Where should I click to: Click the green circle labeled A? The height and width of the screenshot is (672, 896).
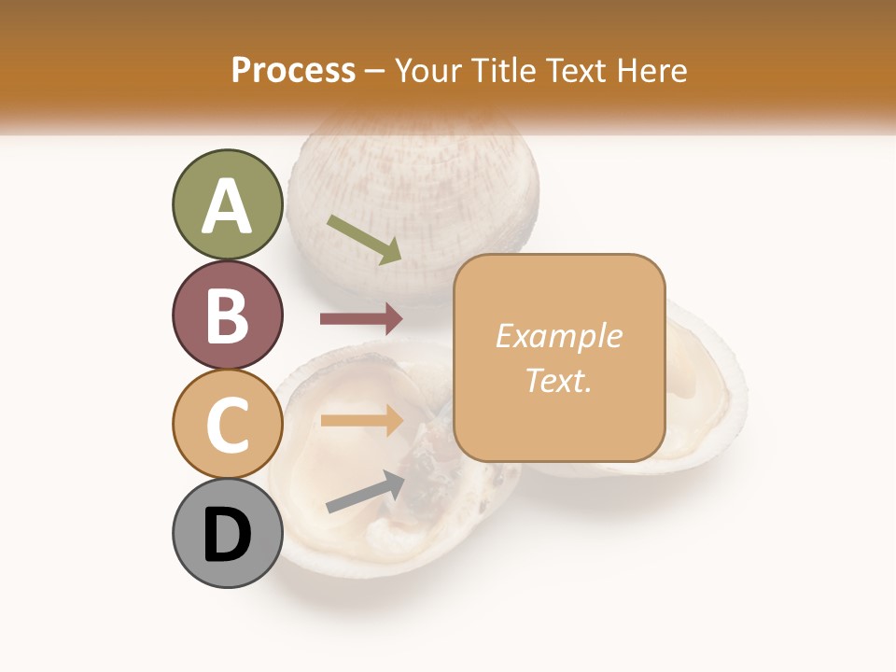(227, 204)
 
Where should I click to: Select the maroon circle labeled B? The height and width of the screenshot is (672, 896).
(227, 315)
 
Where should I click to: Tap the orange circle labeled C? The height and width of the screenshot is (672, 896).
(227, 424)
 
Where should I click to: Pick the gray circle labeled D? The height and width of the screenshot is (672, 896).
(227, 533)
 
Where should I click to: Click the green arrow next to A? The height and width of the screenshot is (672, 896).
(365, 239)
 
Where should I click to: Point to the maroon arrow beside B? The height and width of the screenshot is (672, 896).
(361, 319)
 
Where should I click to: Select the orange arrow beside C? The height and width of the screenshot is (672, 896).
(361, 420)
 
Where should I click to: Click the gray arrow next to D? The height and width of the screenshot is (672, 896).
(365, 492)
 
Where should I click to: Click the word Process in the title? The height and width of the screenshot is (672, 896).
(293, 70)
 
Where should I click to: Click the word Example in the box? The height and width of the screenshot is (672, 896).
(558, 336)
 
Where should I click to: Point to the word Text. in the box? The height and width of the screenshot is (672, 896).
(558, 380)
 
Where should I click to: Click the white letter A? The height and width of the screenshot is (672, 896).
(227, 206)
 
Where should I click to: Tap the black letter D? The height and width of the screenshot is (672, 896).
(227, 535)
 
